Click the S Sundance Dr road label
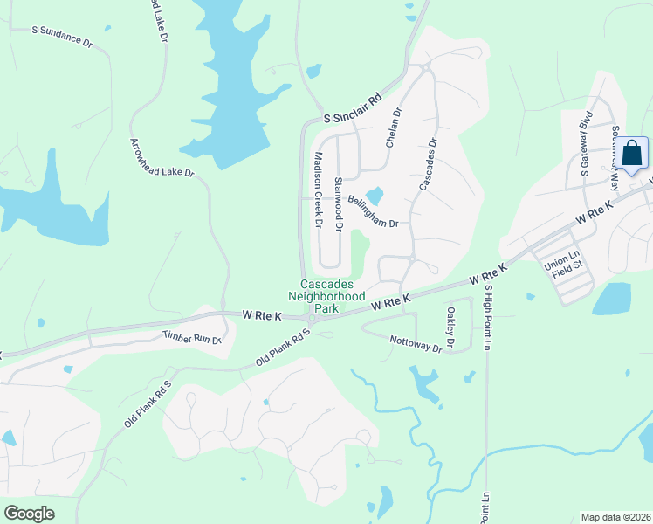[61, 36]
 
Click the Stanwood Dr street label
[338, 203]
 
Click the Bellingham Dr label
[372, 211]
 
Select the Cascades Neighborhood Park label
[333, 296]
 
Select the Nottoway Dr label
[416, 348]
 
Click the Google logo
[29, 513]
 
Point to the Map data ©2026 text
[615, 517]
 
